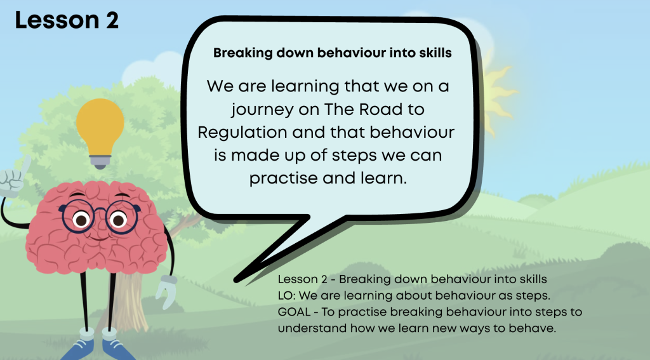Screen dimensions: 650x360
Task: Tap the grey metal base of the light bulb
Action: (100, 162)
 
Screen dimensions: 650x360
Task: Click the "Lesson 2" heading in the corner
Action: (67, 20)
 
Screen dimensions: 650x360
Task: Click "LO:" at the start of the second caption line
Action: (286, 296)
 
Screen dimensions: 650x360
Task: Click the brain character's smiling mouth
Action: (100, 238)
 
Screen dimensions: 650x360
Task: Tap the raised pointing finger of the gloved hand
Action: (25, 165)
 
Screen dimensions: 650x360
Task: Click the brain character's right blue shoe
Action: (117, 349)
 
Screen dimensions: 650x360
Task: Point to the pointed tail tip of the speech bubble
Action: (235, 281)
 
